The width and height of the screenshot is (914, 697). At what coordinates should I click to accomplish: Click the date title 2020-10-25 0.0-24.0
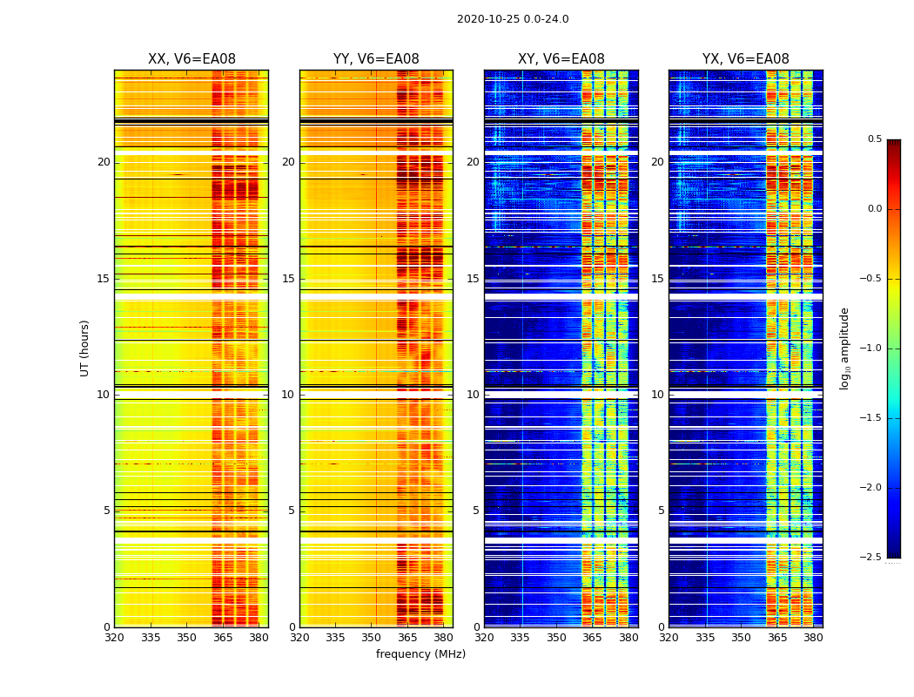click(513, 19)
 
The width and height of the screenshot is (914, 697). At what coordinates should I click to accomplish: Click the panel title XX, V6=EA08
click(192, 59)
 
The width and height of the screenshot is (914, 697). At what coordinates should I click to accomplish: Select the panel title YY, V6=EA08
click(376, 59)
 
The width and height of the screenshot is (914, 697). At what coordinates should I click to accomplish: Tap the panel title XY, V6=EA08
click(561, 59)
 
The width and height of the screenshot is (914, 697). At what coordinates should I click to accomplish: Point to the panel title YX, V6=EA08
click(745, 59)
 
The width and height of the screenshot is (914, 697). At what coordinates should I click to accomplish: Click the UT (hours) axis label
click(85, 348)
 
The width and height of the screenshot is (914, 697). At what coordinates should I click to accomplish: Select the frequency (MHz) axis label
click(420, 654)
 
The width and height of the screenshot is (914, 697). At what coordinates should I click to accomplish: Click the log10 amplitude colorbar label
click(844, 348)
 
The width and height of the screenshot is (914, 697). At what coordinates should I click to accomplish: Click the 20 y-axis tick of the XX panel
click(104, 162)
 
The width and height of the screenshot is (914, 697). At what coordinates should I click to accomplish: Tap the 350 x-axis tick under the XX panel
click(186, 638)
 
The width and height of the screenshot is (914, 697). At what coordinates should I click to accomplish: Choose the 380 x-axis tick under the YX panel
click(813, 638)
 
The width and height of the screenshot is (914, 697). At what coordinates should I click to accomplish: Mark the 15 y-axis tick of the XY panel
click(473, 279)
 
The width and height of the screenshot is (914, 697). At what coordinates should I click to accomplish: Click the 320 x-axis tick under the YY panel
click(299, 638)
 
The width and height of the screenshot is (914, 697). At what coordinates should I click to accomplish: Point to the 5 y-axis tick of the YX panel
click(661, 511)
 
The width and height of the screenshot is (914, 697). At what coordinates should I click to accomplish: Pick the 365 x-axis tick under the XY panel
click(592, 638)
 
